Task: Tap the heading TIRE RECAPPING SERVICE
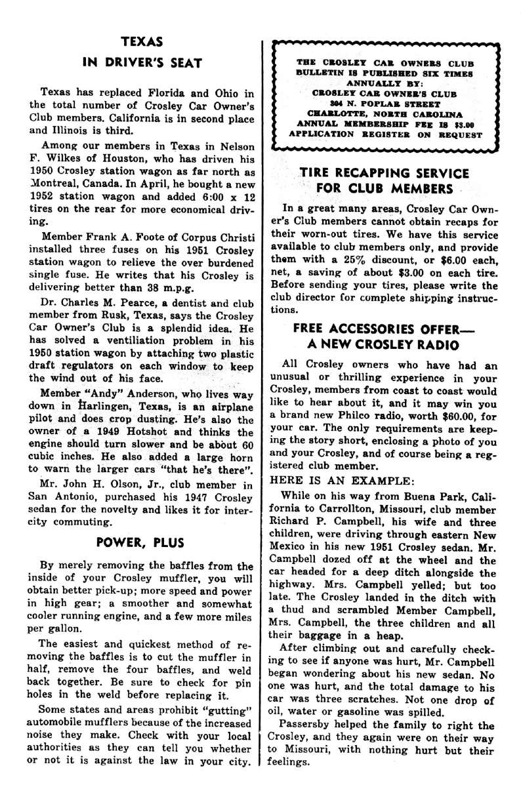pyautogui.click(x=384, y=173)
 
